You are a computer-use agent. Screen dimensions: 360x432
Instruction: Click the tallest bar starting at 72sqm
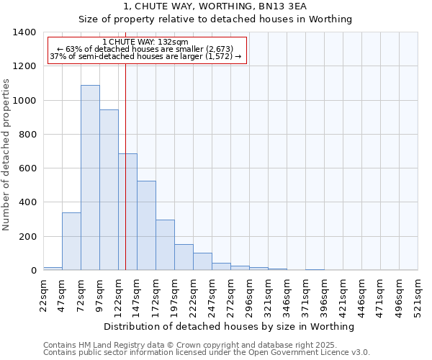pyautogui.click(x=90, y=178)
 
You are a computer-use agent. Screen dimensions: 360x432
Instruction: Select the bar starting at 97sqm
pyautogui.click(x=109, y=190)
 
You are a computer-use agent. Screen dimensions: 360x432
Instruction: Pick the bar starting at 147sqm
pyautogui.click(x=146, y=225)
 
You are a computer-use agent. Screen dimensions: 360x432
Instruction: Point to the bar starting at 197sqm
pyautogui.click(x=184, y=257)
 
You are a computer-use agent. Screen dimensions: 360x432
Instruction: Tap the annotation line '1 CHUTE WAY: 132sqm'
pyautogui.click(x=145, y=42)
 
